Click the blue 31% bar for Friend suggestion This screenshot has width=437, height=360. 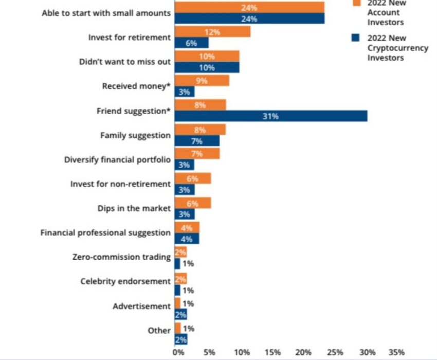(271, 116)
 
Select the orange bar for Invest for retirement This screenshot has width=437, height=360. (212, 32)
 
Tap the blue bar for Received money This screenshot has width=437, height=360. (185, 92)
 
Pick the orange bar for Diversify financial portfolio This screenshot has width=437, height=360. (197, 154)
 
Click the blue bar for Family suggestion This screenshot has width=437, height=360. (197, 141)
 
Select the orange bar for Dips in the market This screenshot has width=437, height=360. (193, 203)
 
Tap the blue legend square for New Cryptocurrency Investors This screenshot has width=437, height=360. (355, 38)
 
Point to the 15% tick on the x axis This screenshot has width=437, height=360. (273, 352)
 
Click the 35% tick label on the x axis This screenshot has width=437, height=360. (396, 352)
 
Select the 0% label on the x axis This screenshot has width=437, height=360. (177, 352)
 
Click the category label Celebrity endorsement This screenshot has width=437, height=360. (125, 281)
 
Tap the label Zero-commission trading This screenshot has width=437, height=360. (121, 257)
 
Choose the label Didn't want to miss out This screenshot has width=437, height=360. (124, 62)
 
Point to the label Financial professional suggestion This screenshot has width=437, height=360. (105, 232)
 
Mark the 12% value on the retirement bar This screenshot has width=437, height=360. (212, 32)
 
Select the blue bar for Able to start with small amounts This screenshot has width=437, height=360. (249, 19)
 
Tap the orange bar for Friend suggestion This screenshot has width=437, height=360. (200, 105)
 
